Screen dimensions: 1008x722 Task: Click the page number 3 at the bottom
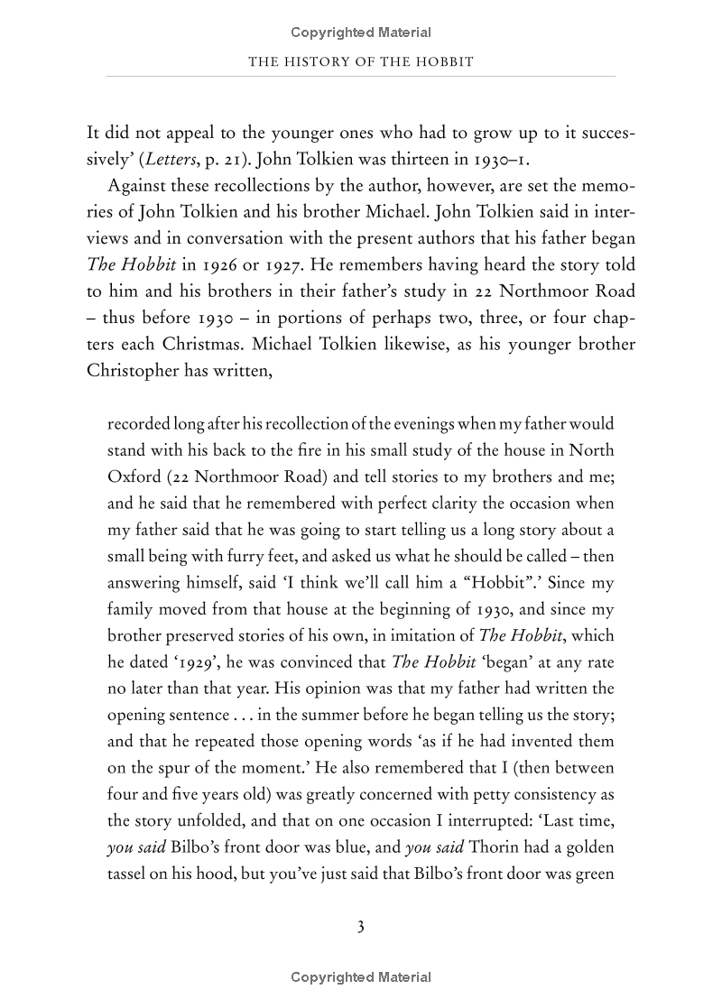point(360,927)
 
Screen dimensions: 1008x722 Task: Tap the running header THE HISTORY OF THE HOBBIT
point(361,61)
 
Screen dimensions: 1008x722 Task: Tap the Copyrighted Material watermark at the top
point(361,32)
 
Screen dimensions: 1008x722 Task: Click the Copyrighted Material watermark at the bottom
point(361,977)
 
